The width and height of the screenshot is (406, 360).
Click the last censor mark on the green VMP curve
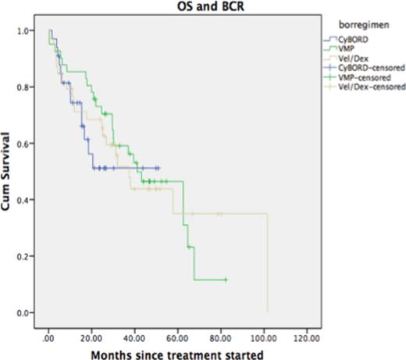(x=226, y=279)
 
